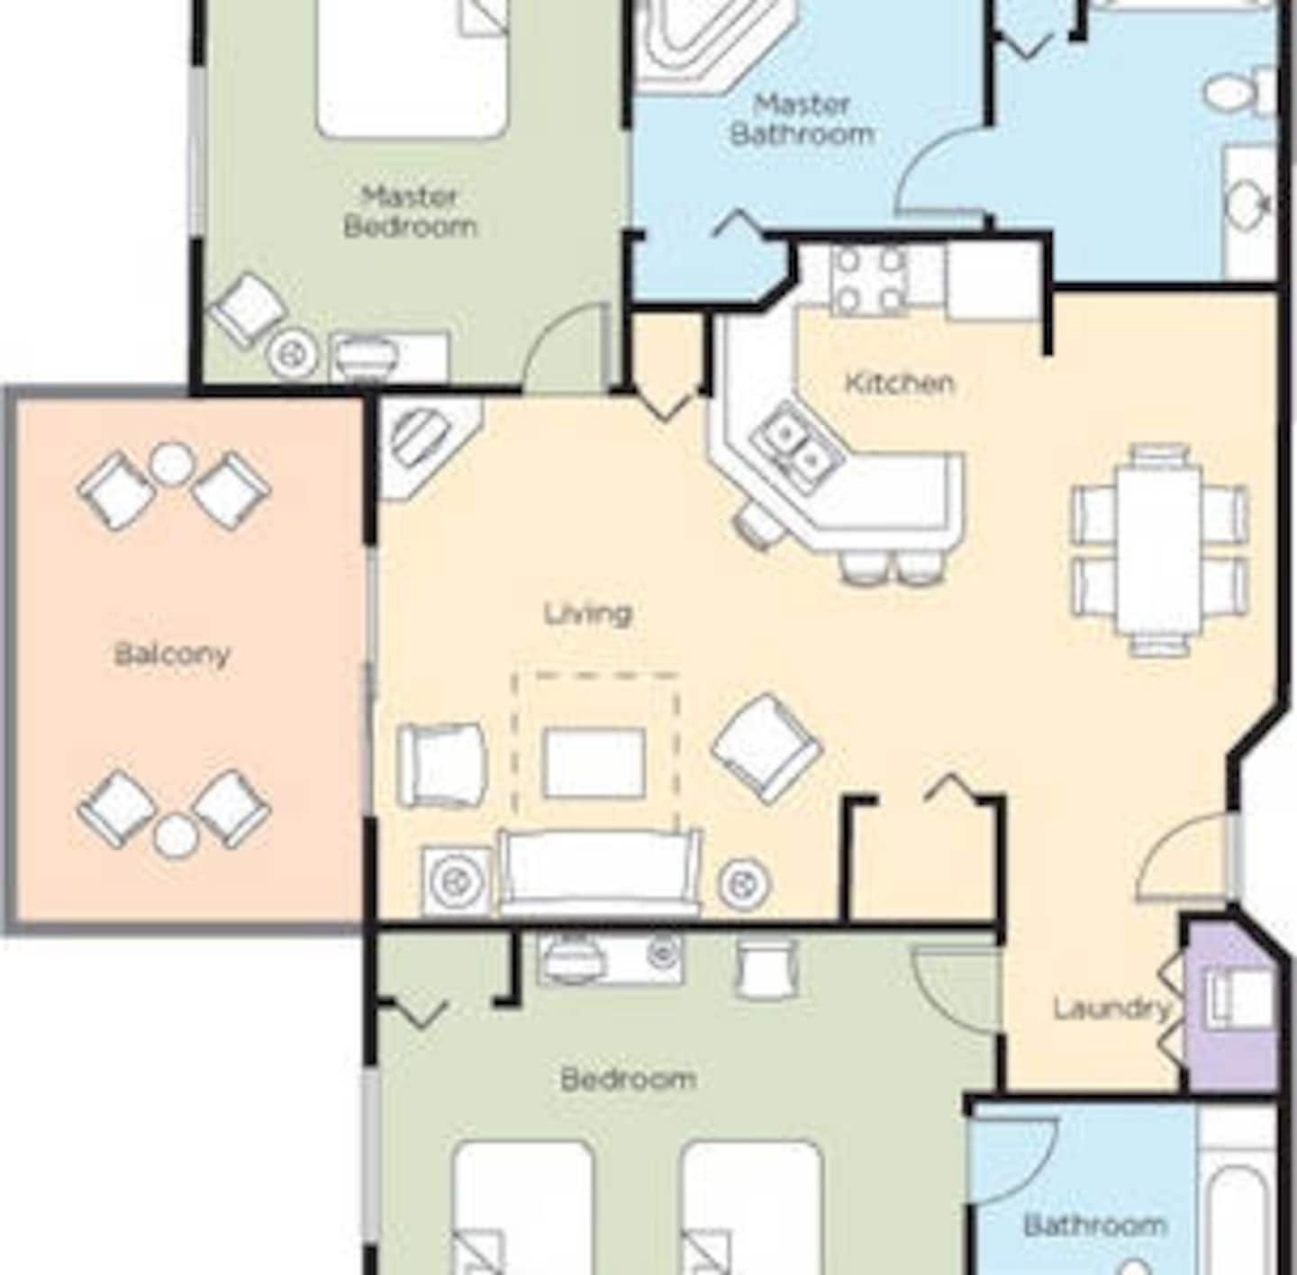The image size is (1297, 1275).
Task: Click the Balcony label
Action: [172, 655]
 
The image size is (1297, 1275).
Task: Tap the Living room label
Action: [588, 614]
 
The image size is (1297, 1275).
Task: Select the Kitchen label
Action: [899, 383]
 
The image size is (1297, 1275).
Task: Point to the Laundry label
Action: [1112, 1009]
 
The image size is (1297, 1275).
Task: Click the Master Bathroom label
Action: [802, 120]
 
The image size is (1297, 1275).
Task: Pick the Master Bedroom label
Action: [410, 212]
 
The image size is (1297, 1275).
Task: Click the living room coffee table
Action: [594, 762]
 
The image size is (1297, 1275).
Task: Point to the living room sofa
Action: [598, 873]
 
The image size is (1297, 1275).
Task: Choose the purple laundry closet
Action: [1232, 1008]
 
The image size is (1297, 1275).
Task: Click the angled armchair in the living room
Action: [766, 748]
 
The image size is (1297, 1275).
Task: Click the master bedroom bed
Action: [412, 68]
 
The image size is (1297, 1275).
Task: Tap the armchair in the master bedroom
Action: [247, 311]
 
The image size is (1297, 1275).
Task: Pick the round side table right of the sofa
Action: [744, 882]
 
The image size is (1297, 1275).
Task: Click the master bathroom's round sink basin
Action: [1247, 203]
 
